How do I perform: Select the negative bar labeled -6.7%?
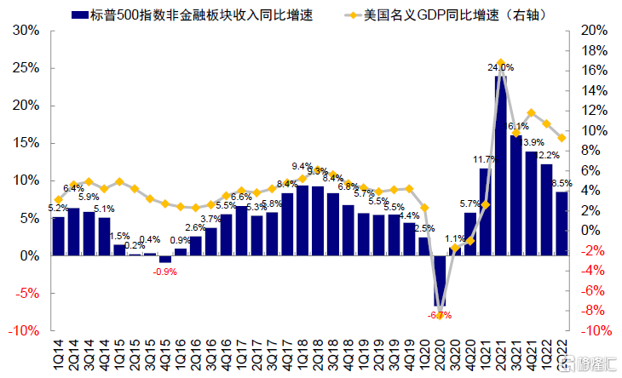439,280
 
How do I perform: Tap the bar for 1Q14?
58,236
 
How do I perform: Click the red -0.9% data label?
164,272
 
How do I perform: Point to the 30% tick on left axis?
27,30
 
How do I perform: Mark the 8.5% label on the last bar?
562,183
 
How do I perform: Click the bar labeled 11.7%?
486,211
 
